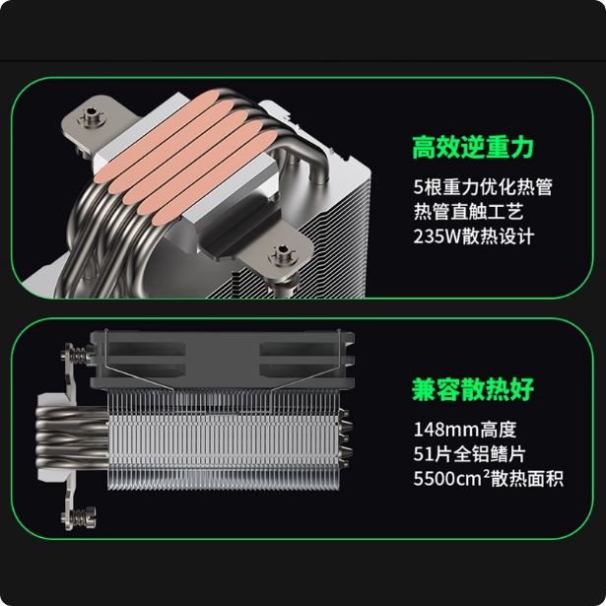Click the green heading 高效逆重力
coord(473,147)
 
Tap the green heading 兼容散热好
coord(473,389)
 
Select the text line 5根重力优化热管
coord(483,187)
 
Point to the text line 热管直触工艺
coord(468,212)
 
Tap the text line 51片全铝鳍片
coord(469,453)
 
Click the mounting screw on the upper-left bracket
coord(92,115)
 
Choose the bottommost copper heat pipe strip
coord(215,178)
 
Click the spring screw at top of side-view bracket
coord(77,353)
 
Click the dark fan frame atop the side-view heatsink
coord(223,361)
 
